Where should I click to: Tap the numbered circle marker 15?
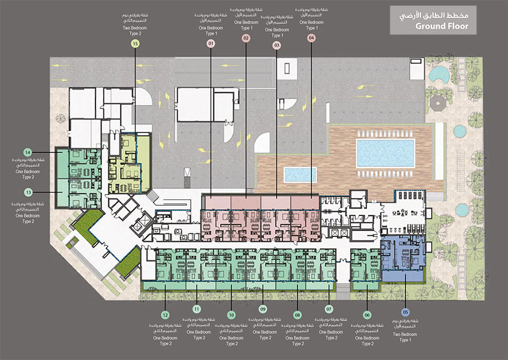[136, 44]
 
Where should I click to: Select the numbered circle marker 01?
[211, 44]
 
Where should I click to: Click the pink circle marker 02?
[246, 37]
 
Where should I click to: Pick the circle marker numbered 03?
[276, 45]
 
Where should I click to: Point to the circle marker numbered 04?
[311, 37]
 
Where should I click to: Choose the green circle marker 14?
[28, 152]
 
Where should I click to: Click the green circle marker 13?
[28, 192]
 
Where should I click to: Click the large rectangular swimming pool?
[385, 153]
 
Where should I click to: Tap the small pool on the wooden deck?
[299, 175]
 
